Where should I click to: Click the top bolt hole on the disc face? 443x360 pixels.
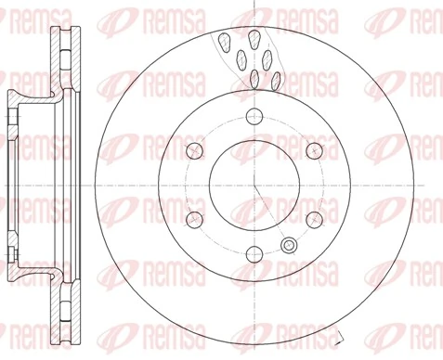coord(254,116)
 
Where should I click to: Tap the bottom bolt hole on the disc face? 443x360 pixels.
coord(254,253)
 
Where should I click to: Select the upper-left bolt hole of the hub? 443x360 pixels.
coord(194,150)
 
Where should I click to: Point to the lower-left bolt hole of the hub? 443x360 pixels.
coord(194,219)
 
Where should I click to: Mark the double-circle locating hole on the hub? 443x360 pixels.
coord(289,245)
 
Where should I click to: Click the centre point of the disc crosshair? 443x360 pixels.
coord(254,185)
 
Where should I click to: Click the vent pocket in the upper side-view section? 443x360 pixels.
coord(61,56)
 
